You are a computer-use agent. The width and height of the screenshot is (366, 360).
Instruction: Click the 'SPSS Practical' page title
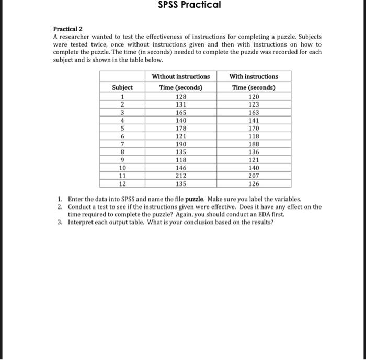tap(189, 5)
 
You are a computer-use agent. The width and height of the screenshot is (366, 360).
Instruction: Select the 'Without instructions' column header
tap(180, 76)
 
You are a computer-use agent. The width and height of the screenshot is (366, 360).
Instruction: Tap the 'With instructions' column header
tap(254, 76)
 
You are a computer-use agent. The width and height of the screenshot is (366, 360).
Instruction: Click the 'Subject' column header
tap(122, 88)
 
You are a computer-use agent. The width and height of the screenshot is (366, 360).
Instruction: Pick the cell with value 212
tap(180, 176)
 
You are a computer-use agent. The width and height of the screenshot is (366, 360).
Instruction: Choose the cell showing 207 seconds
tap(254, 176)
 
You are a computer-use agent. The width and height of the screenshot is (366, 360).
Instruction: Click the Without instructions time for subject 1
tap(180, 97)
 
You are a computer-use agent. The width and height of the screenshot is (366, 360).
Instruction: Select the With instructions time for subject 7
tap(254, 144)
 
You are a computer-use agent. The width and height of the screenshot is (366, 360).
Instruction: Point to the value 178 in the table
tap(180, 129)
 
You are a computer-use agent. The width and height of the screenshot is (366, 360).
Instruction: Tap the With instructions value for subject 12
tap(254, 184)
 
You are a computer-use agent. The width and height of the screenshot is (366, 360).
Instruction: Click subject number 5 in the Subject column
tap(122, 129)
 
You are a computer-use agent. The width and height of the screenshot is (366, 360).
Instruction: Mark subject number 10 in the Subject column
tap(122, 168)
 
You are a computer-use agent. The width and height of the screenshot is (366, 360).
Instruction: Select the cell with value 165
tap(180, 112)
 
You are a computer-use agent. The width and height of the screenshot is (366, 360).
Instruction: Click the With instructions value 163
tap(254, 112)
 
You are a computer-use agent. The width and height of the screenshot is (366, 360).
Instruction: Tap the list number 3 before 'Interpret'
tap(61, 222)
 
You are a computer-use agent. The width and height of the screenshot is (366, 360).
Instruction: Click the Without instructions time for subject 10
tap(180, 168)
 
